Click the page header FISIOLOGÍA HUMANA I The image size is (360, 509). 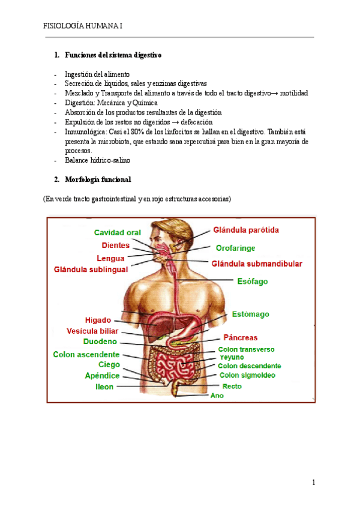point(83,26)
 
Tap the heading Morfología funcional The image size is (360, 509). point(97,179)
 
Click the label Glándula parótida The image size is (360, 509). point(246,229)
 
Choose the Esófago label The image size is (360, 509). point(252,281)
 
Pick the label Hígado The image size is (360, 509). point(98,320)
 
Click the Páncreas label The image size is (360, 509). point(241,338)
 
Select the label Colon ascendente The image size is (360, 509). point(86,354)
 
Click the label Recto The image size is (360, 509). point(232,387)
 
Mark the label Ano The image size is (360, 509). point(217,396)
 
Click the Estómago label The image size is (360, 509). point(250,314)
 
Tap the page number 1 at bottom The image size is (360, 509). point(313,482)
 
